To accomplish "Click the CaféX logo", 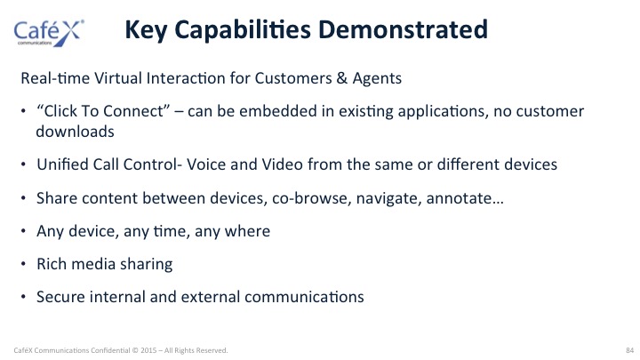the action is [x=49, y=32].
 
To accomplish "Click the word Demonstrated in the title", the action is [x=403, y=29].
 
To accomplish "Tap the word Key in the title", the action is [x=145, y=30].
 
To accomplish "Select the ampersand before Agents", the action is [x=342, y=78].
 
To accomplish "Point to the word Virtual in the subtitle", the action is [x=118, y=78].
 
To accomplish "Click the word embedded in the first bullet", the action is [x=278, y=111].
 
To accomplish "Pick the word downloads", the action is [x=75, y=132].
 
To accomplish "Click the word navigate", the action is [x=388, y=199].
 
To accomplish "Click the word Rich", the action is [x=52, y=264].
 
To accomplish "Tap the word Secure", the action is [x=60, y=297].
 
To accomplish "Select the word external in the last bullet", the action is [x=210, y=297].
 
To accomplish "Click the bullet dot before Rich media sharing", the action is [x=23, y=264].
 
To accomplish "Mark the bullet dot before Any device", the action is [x=23, y=231].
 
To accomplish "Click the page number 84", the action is [x=629, y=350].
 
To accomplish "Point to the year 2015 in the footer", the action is [x=148, y=350].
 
